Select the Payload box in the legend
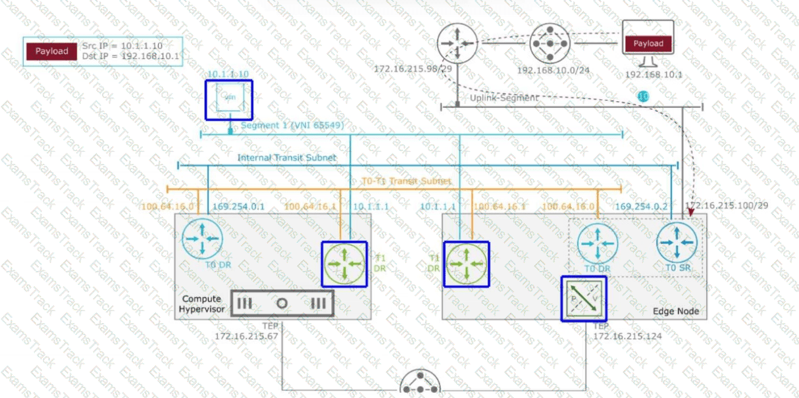pyautogui.click(x=51, y=51)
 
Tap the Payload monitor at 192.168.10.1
pyautogui.click(x=648, y=43)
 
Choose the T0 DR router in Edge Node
pyautogui.click(x=598, y=243)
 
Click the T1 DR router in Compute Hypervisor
pyautogui.click(x=344, y=264)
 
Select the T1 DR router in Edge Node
pyautogui.click(x=466, y=264)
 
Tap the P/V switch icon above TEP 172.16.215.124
pyautogui.click(x=583, y=299)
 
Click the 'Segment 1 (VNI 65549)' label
pyautogui.click(x=292, y=125)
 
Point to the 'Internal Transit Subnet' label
pyautogui.click(x=287, y=158)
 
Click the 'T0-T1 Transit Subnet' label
pyautogui.click(x=407, y=181)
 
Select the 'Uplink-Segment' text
pyautogui.click(x=504, y=98)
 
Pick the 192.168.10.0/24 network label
pyautogui.click(x=552, y=69)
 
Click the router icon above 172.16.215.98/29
pyautogui.click(x=456, y=43)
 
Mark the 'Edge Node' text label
pyautogui.click(x=675, y=311)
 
